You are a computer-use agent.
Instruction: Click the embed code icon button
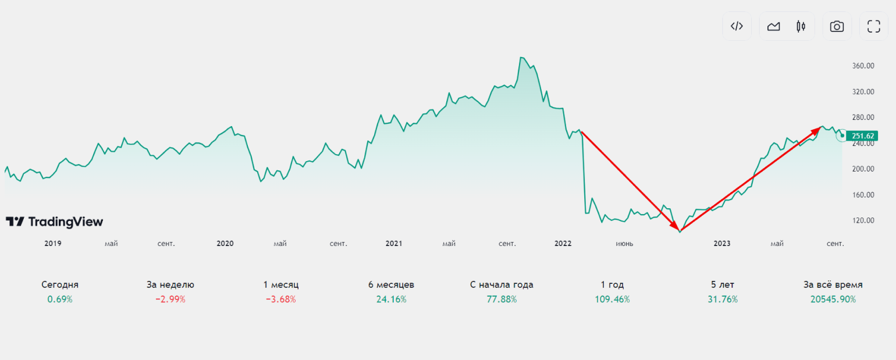click(x=737, y=26)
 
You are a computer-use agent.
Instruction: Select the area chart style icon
click(x=773, y=26)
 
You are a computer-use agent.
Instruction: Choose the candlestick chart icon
click(x=801, y=26)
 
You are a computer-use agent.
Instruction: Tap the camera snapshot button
click(x=837, y=26)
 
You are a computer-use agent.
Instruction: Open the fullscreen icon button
click(x=873, y=26)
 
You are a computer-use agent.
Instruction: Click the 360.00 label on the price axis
click(x=863, y=66)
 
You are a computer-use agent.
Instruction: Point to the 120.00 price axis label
click(x=863, y=220)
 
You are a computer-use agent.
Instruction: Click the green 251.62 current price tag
click(x=862, y=136)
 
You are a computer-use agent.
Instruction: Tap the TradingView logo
click(x=54, y=222)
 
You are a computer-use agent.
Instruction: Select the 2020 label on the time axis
click(x=225, y=244)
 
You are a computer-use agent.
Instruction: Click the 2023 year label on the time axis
click(x=721, y=244)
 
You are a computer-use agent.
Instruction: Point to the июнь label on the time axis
click(x=624, y=244)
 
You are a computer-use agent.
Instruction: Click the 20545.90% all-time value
click(x=833, y=300)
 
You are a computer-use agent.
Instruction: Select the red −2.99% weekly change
click(x=170, y=300)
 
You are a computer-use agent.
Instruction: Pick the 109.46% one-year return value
click(x=612, y=300)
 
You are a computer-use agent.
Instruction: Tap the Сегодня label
click(x=60, y=285)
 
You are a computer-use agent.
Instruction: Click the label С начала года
click(x=502, y=285)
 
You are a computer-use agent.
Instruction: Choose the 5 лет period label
click(x=723, y=285)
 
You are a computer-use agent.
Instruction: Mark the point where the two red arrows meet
click(x=680, y=231)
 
